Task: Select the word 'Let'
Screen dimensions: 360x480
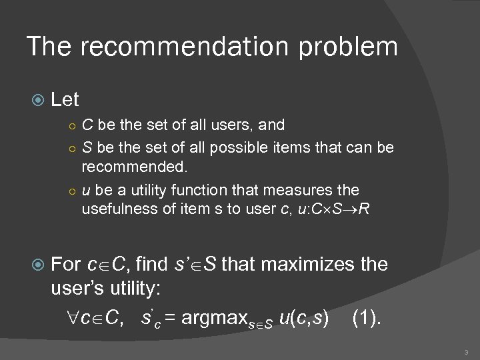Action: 65,100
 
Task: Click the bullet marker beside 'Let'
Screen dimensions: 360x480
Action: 37,101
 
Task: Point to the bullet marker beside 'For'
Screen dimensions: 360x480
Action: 37,265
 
